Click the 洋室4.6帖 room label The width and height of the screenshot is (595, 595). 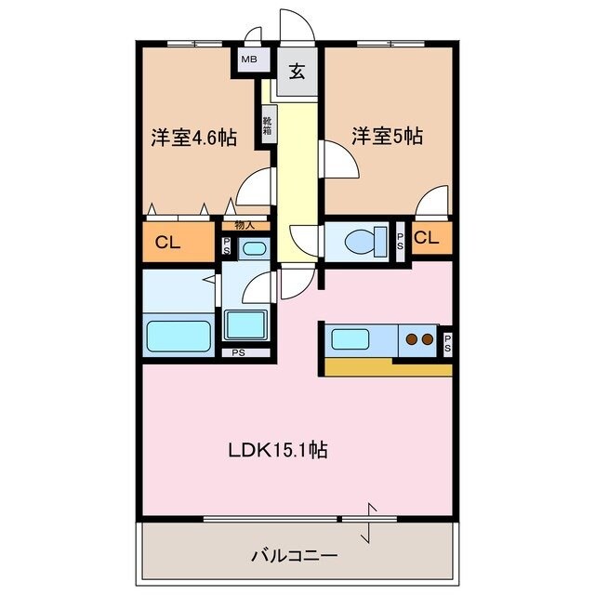[193, 139]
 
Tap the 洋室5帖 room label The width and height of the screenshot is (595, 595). [387, 137]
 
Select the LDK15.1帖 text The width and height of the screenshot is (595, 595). [278, 450]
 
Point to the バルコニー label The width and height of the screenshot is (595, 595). [294, 556]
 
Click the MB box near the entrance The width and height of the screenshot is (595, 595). [249, 60]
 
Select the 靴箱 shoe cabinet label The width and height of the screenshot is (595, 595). [267, 123]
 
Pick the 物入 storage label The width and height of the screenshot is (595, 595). [245, 224]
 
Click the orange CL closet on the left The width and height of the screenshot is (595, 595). [167, 244]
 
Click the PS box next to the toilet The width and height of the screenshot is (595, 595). [400, 239]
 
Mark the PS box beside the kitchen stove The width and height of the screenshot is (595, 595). [447, 342]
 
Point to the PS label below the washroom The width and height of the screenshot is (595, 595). [239, 352]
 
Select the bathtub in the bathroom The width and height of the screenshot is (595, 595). [178, 332]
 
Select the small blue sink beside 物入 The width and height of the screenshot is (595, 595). [252, 248]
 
